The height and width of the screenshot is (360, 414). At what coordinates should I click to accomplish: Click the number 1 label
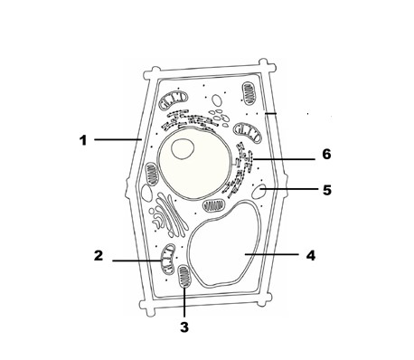tap(83, 140)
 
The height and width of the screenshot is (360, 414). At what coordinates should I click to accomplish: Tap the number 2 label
tap(99, 256)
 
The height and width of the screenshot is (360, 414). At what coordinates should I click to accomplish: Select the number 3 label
tap(184, 327)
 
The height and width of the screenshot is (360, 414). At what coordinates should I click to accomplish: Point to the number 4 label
tap(311, 255)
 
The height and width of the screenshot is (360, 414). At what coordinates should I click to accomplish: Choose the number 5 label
tap(327, 190)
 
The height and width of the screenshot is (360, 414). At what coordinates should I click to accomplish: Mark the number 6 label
tap(326, 154)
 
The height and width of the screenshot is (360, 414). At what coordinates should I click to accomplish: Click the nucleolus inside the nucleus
tap(183, 149)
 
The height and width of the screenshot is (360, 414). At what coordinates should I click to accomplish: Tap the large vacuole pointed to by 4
tap(224, 244)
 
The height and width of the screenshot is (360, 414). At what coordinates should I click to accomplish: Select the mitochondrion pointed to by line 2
tap(167, 259)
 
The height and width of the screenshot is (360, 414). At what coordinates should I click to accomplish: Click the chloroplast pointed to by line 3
tap(184, 277)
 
